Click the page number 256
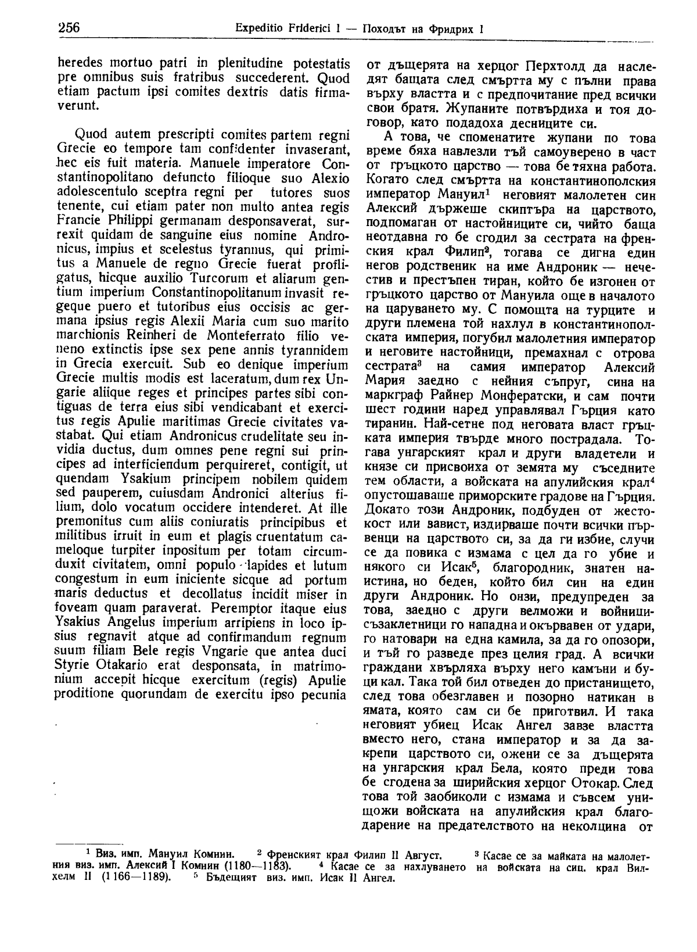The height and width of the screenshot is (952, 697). click(69, 28)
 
